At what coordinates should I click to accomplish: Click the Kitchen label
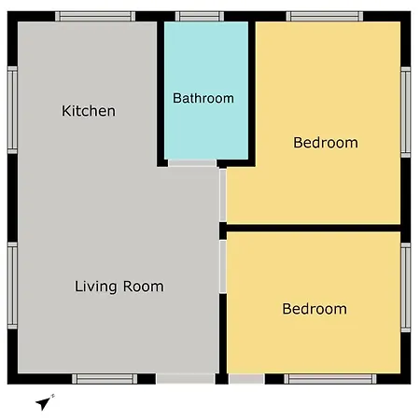[x=89, y=111]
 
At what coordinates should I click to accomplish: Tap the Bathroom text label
[x=203, y=98]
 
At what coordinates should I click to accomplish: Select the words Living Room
[x=119, y=287]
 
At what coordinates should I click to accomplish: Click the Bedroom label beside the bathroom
[x=326, y=143]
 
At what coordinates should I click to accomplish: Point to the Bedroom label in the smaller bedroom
[x=315, y=309]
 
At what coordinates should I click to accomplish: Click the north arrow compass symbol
[x=45, y=402]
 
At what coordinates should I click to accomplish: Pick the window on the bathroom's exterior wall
[x=200, y=16]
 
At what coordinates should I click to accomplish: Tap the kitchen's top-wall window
[x=95, y=16]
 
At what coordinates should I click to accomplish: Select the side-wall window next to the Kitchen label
[x=12, y=110]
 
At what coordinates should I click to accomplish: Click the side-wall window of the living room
[x=12, y=286]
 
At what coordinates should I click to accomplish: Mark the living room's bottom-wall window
[x=105, y=379]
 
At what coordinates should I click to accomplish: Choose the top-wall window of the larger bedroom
[x=325, y=16]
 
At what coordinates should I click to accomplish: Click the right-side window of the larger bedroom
[x=406, y=112]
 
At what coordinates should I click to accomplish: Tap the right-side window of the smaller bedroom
[x=406, y=287]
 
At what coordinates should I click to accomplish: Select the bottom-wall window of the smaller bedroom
[x=330, y=379]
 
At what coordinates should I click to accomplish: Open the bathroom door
[x=192, y=163]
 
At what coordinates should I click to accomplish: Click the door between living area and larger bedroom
[x=223, y=195]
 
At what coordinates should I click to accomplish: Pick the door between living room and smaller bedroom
[x=223, y=266]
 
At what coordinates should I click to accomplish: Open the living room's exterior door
[x=186, y=379]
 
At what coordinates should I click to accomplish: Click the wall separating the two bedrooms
[x=314, y=228]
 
